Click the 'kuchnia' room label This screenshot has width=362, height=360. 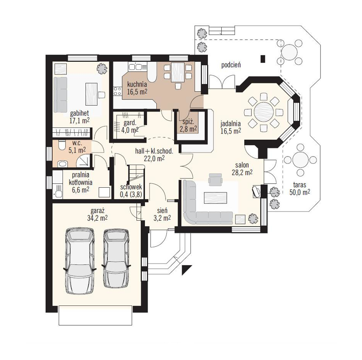137,84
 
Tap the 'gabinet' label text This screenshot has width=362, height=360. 79,113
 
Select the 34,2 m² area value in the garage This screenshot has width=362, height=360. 97,218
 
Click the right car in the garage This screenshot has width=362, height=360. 116,258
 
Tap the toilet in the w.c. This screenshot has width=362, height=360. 62,145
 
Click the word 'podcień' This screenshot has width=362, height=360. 231,65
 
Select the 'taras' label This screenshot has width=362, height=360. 299,185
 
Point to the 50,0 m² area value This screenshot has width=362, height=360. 299,192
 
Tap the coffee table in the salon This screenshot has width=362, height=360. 215,198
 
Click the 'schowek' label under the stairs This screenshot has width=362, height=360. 131,187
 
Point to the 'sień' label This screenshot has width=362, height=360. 162,210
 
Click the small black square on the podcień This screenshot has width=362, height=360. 263,59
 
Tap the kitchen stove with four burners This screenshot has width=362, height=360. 117,91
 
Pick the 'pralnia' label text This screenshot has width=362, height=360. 81,175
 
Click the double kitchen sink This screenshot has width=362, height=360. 135,67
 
